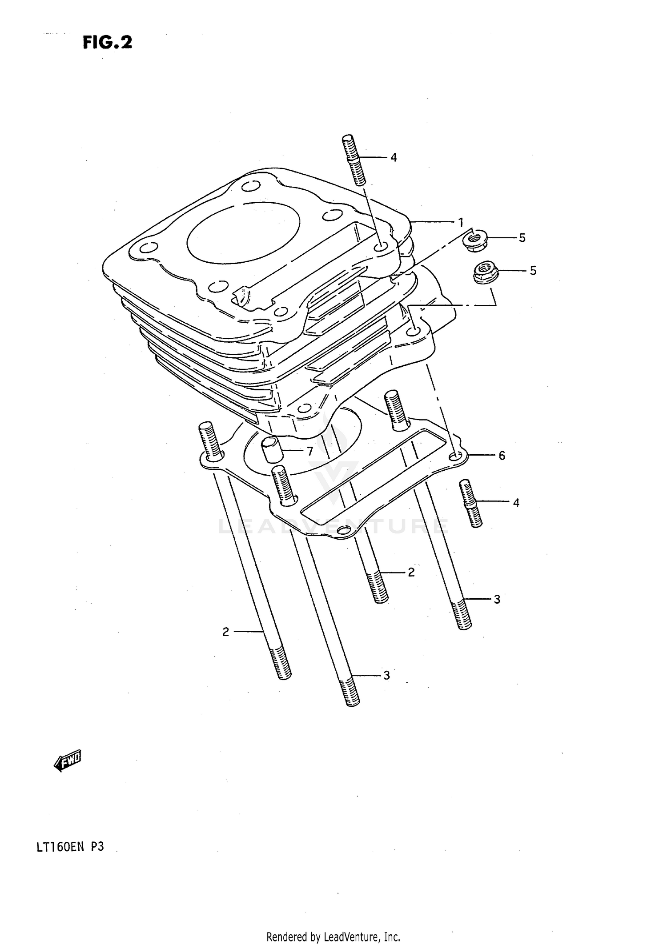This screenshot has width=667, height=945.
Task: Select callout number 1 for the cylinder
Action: pyautogui.click(x=461, y=221)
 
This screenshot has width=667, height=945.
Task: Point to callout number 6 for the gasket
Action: pyautogui.click(x=502, y=455)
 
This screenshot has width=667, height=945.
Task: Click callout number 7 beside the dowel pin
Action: pyautogui.click(x=309, y=451)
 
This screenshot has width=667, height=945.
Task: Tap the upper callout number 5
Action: pyautogui.click(x=522, y=238)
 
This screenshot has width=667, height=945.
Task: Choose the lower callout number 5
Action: pyautogui.click(x=533, y=270)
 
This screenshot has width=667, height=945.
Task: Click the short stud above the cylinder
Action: pyautogui.click(x=354, y=160)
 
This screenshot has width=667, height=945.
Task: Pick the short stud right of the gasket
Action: pyautogui.click(x=470, y=503)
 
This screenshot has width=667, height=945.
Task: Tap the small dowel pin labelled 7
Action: pyautogui.click(x=271, y=449)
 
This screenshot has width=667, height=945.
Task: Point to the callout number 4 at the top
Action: pyautogui.click(x=394, y=157)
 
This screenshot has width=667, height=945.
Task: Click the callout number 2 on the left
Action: pyautogui.click(x=226, y=632)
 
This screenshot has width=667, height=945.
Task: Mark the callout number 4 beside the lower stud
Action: pyautogui.click(x=516, y=503)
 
